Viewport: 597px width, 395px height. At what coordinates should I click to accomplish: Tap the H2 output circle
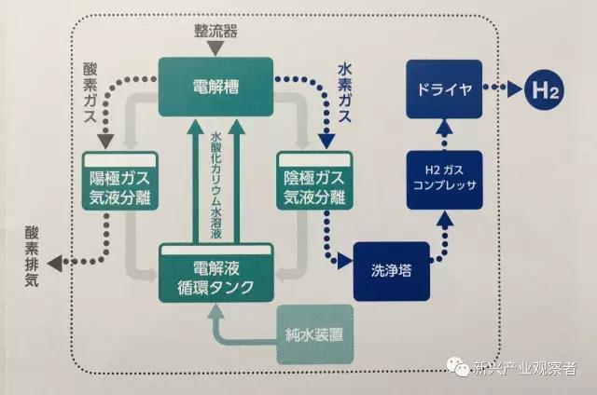[543, 92]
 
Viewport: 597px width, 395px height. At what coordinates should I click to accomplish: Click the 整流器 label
[215, 30]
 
